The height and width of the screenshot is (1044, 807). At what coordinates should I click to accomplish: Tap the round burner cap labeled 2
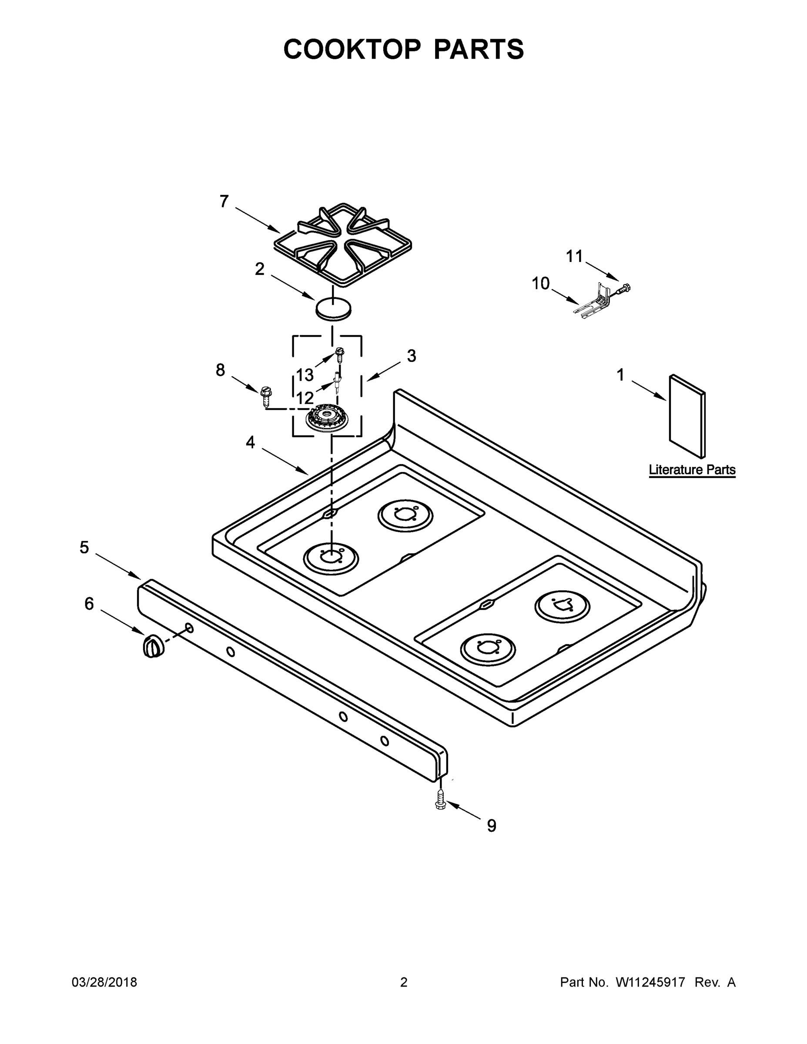click(x=333, y=308)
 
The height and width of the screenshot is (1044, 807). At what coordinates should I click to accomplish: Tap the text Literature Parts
click(x=692, y=470)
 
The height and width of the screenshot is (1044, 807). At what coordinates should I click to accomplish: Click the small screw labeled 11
click(x=624, y=288)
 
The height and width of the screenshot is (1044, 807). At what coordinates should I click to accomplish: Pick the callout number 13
click(x=305, y=375)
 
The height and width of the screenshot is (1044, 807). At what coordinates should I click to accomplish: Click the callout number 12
click(x=305, y=398)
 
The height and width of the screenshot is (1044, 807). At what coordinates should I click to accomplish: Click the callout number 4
click(x=250, y=443)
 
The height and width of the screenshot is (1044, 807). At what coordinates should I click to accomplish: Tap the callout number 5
click(x=84, y=547)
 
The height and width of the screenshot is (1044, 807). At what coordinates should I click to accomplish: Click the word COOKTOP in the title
click(x=352, y=49)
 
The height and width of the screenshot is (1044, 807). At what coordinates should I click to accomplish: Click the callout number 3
click(x=411, y=356)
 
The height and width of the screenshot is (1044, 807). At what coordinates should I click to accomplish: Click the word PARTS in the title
click(x=479, y=49)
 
